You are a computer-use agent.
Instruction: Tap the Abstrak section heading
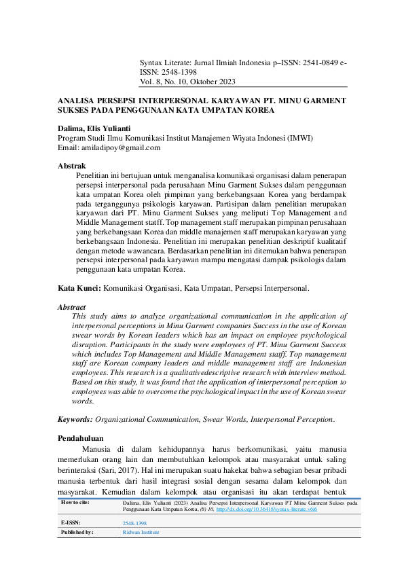pyautogui.click(x=71, y=165)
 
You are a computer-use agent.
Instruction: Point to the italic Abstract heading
pyautogui.click(x=72, y=307)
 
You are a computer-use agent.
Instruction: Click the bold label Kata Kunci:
pyautogui.click(x=79, y=288)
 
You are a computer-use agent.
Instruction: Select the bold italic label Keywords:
pyautogui.click(x=75, y=421)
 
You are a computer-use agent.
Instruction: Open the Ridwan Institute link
pyautogui.click(x=141, y=533)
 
